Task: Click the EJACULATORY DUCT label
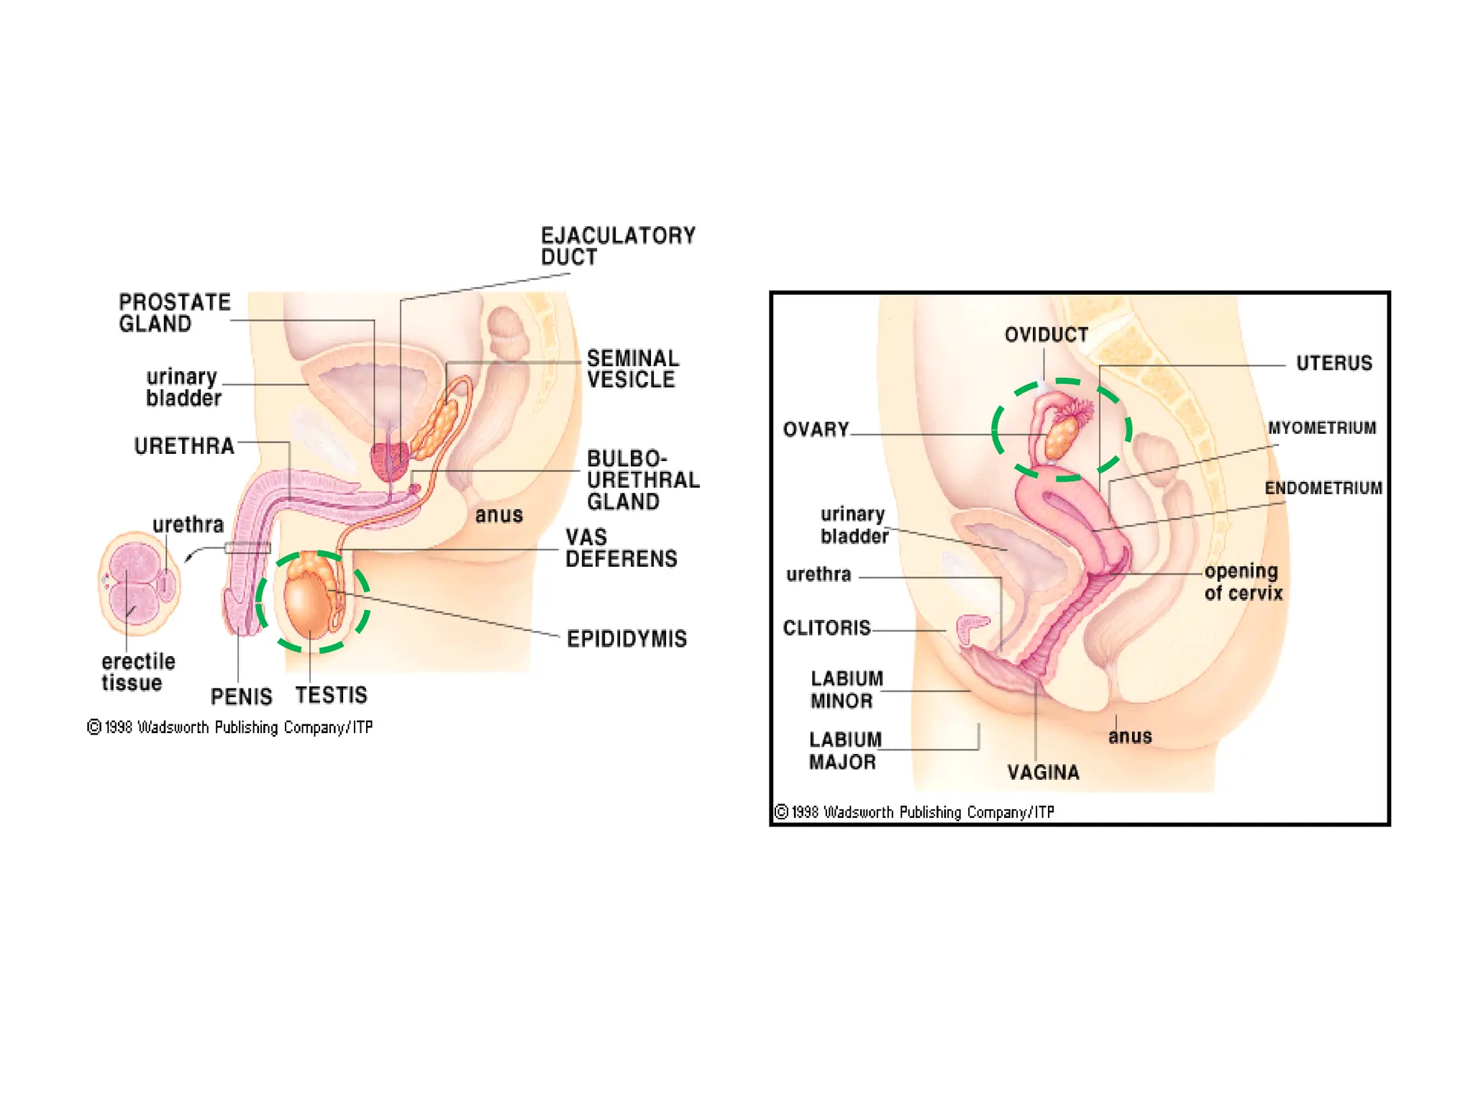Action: click(x=618, y=246)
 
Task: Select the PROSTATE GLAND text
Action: click(x=175, y=313)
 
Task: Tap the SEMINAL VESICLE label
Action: click(x=633, y=369)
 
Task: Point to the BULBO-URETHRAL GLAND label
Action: click(x=643, y=480)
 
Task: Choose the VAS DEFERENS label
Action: click(x=621, y=548)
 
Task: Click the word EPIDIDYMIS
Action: click(x=626, y=639)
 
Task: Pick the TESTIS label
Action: click(x=331, y=695)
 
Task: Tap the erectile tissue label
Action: click(x=138, y=672)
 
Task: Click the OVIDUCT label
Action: click(x=1046, y=335)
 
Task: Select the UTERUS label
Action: click(x=1333, y=363)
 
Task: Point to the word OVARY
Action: click(x=816, y=429)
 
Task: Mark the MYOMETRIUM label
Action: click(x=1321, y=428)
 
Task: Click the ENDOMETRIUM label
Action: click(x=1323, y=488)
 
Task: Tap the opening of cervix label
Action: click(x=1243, y=582)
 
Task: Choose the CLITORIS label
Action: click(x=826, y=628)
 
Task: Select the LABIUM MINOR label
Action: click(x=846, y=690)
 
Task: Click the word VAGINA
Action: click(x=1043, y=773)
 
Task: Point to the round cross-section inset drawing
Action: click(x=139, y=584)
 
